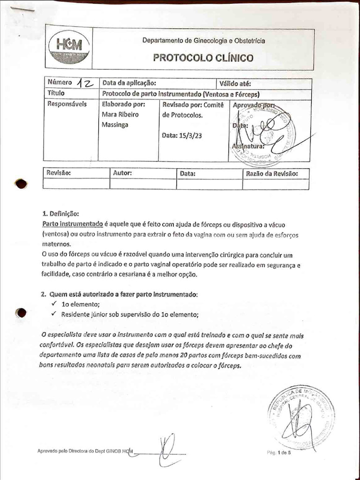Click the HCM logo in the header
[69, 47]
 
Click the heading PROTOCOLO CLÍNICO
[203, 58]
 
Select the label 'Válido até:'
[235, 84]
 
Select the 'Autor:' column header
[122, 173]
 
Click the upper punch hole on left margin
[21, 184]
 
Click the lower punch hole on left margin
[21, 313]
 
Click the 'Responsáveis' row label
[67, 104]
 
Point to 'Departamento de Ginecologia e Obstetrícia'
[203, 41]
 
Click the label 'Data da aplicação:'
[129, 84]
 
